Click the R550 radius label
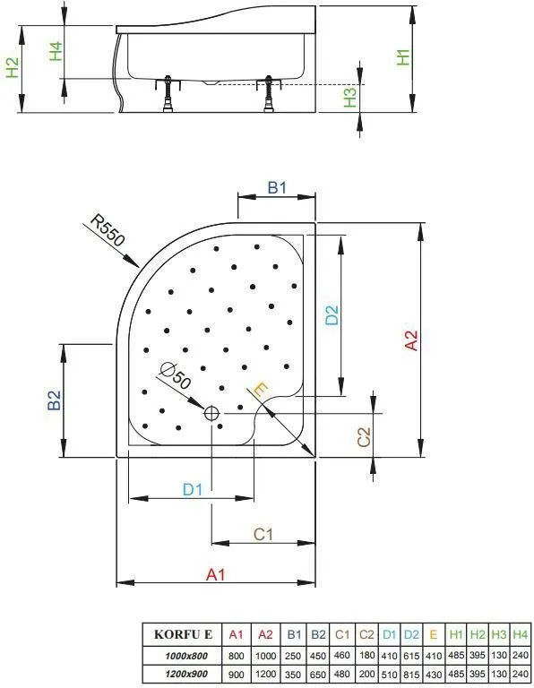[108, 230]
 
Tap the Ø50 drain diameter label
[175, 376]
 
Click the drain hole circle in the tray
[211, 413]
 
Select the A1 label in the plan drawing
[216, 574]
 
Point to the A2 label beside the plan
[411, 340]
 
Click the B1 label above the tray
[277, 188]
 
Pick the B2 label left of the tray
[55, 400]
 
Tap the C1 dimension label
[263, 534]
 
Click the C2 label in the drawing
[364, 437]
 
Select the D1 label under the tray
[193, 489]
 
